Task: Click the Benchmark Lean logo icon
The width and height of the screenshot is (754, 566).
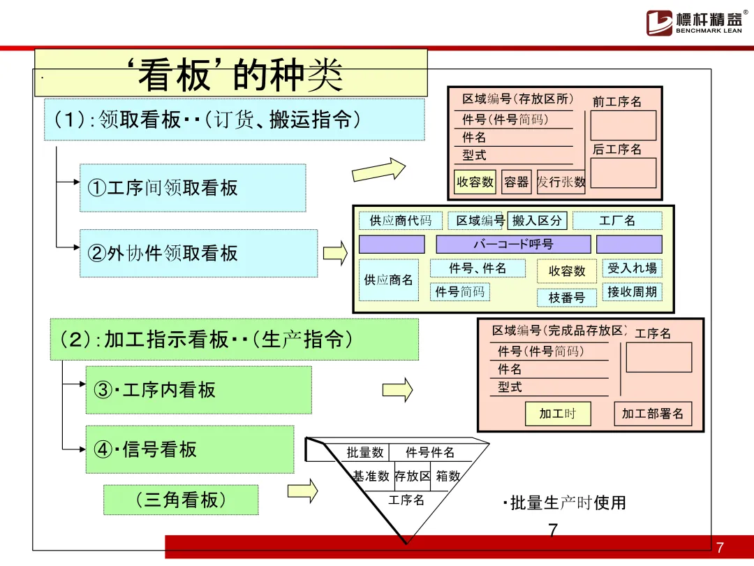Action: tap(658, 22)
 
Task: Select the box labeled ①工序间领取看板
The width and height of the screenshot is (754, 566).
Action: tap(193, 187)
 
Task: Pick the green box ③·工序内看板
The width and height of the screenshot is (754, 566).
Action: tap(198, 389)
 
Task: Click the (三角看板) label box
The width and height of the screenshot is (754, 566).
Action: tap(180, 500)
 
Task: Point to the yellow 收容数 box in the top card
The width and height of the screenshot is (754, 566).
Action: tap(475, 182)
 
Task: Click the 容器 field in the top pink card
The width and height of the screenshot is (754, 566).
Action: tap(517, 182)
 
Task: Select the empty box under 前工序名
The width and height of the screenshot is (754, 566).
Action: tap(623, 125)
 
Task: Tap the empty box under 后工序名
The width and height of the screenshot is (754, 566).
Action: tap(623, 173)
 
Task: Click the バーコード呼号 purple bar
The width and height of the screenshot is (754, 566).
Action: tap(513, 245)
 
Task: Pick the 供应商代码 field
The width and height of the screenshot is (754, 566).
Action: tap(401, 221)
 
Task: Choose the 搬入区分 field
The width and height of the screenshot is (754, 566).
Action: tap(537, 221)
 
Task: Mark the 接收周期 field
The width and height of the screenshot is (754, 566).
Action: tap(632, 292)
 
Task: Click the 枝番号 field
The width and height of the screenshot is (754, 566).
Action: tap(566, 298)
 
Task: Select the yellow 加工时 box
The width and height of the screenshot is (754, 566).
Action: tap(557, 414)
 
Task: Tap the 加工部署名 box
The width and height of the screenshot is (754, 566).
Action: tap(652, 414)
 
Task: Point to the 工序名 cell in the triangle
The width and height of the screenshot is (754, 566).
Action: tap(406, 500)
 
